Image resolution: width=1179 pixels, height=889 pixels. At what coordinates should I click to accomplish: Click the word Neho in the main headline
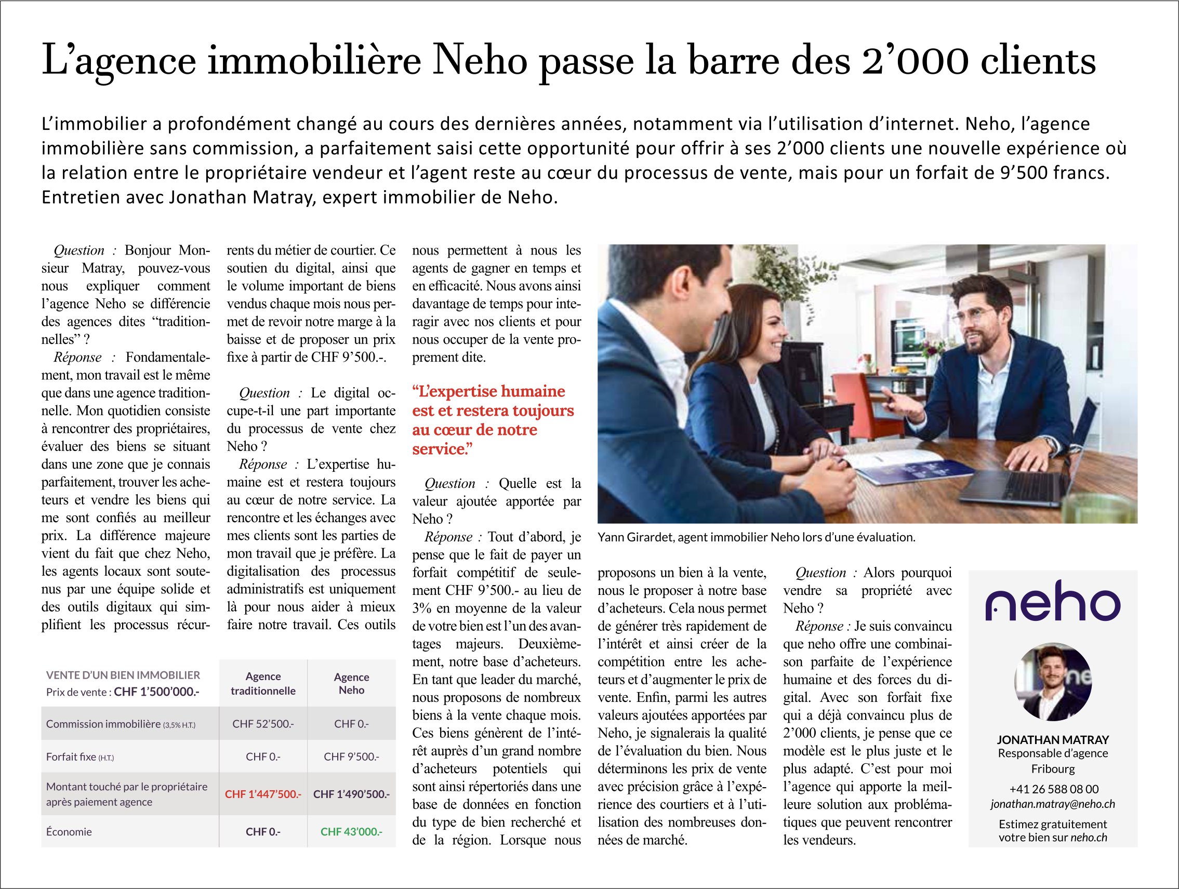[x=480, y=61]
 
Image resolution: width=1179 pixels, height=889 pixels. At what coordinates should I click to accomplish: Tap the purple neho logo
[x=1053, y=601]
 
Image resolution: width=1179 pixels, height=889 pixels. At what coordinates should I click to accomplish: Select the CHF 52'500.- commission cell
[x=263, y=724]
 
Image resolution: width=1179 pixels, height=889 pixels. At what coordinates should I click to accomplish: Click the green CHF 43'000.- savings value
[x=351, y=831]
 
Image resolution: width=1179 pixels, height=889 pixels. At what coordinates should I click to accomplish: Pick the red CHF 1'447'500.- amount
[x=263, y=794]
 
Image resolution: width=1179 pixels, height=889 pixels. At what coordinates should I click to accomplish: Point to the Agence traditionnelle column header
[x=263, y=683]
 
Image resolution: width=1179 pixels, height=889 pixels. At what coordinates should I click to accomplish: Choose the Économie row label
[x=69, y=831]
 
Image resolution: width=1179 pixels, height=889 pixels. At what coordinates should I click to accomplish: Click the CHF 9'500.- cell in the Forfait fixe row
[x=351, y=757]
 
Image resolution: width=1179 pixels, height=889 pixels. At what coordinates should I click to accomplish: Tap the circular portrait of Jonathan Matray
[x=1053, y=682]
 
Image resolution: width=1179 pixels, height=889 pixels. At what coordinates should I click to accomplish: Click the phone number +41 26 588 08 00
[x=1053, y=789]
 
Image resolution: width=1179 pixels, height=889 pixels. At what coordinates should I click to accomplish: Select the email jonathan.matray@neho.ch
[x=1053, y=804]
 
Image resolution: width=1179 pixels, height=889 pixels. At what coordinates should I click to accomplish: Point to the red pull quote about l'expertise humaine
[x=493, y=420]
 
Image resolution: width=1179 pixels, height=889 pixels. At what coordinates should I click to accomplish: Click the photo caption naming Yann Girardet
[x=757, y=537]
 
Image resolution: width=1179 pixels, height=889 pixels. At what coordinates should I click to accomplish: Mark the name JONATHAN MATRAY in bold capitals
[x=1053, y=740]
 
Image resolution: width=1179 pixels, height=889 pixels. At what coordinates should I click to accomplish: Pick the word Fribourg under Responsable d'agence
[x=1053, y=768]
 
